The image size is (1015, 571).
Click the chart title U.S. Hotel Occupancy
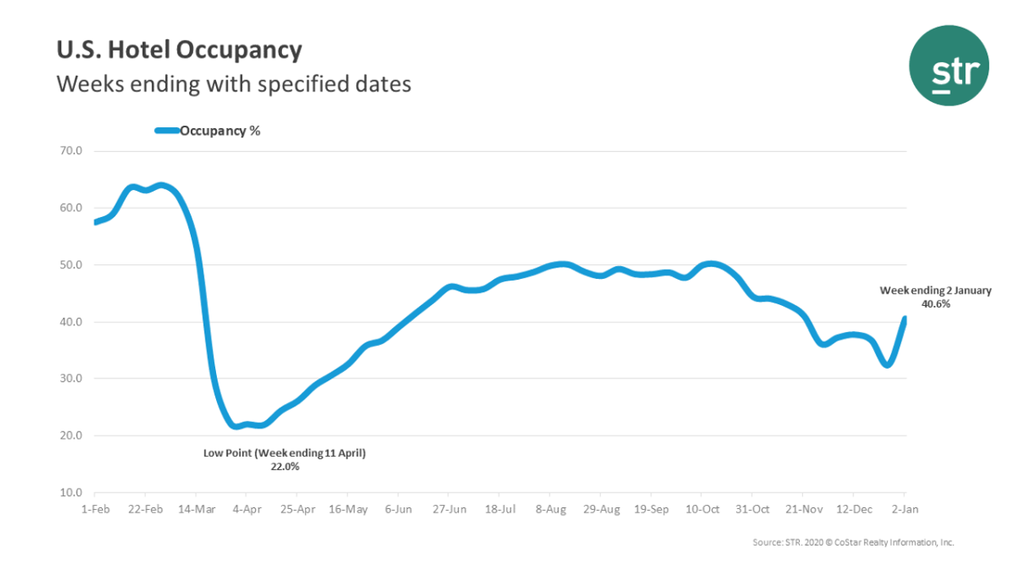[x=179, y=51]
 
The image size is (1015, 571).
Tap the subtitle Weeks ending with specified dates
[x=233, y=84]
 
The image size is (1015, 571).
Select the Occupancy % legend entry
[x=208, y=131]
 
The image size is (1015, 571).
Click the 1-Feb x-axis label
[x=95, y=509]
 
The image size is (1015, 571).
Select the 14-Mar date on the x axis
[x=196, y=509]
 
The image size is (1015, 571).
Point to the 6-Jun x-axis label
[x=398, y=509]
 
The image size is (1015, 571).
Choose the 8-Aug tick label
[x=549, y=509]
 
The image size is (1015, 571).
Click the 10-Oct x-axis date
[x=701, y=509]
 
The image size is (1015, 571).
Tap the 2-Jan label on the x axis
[x=904, y=509]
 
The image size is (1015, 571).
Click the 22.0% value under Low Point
[x=285, y=467]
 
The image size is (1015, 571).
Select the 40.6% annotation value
[x=936, y=303]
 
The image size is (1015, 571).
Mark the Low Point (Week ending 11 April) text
[x=285, y=453]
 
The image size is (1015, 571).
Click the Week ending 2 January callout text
[x=936, y=290]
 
